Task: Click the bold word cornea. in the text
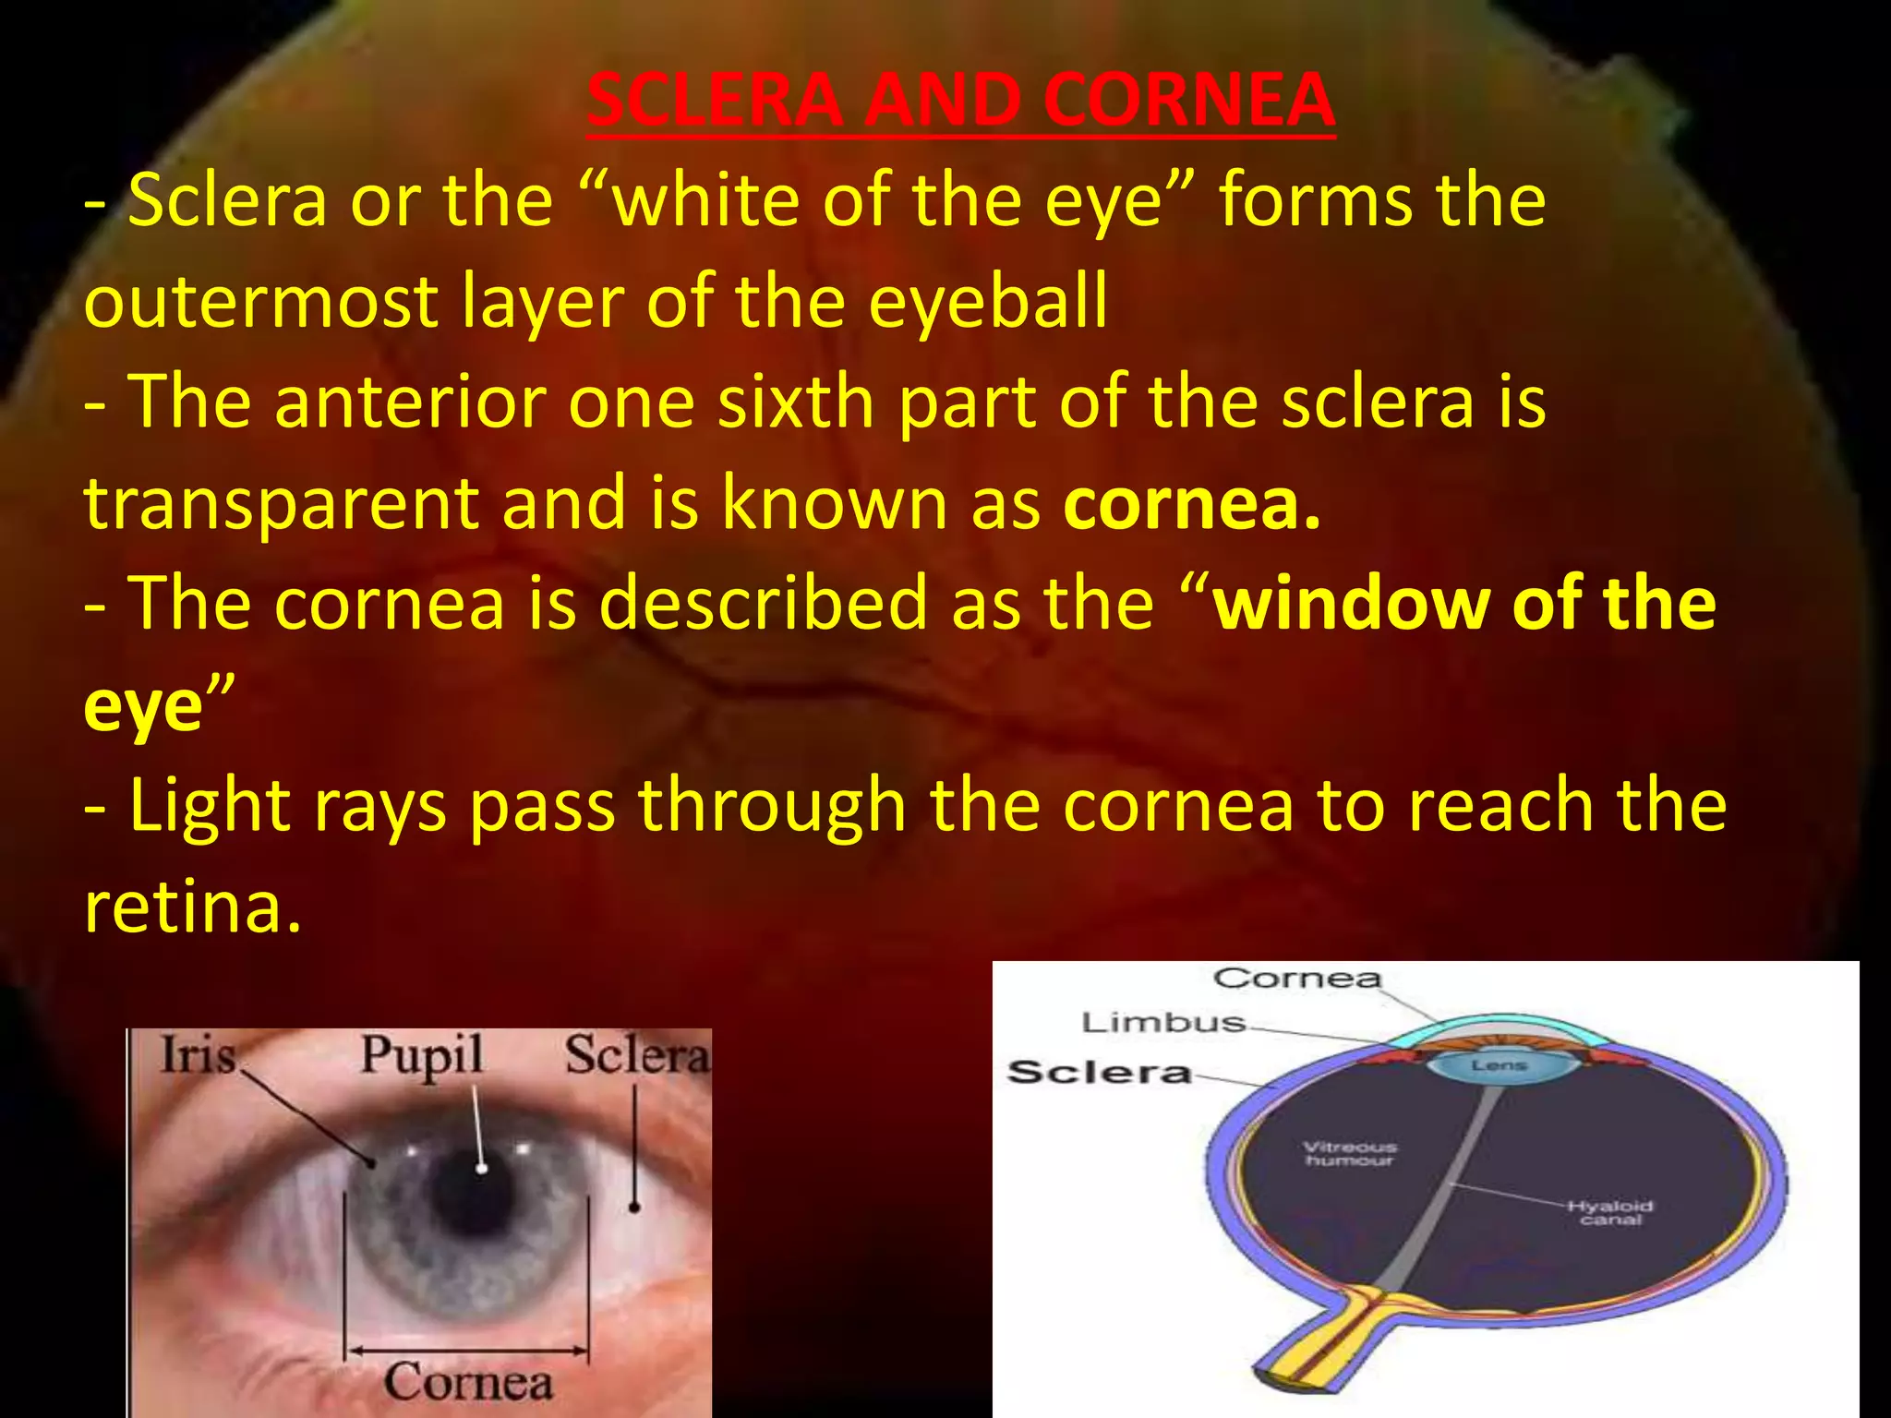1191,503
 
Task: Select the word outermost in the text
260,303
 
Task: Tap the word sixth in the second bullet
795,403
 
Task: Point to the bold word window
1349,604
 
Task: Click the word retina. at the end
192,907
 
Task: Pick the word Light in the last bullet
209,805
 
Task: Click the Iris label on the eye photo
198,1054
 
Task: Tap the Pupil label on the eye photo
421,1055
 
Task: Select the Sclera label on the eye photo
637,1055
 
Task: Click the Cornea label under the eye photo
468,1382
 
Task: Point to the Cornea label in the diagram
1296,979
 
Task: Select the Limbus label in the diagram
1163,1023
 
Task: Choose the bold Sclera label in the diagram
1099,1073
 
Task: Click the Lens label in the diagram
1499,1065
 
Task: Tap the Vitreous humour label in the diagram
1349,1153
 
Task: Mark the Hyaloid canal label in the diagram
1610,1212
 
